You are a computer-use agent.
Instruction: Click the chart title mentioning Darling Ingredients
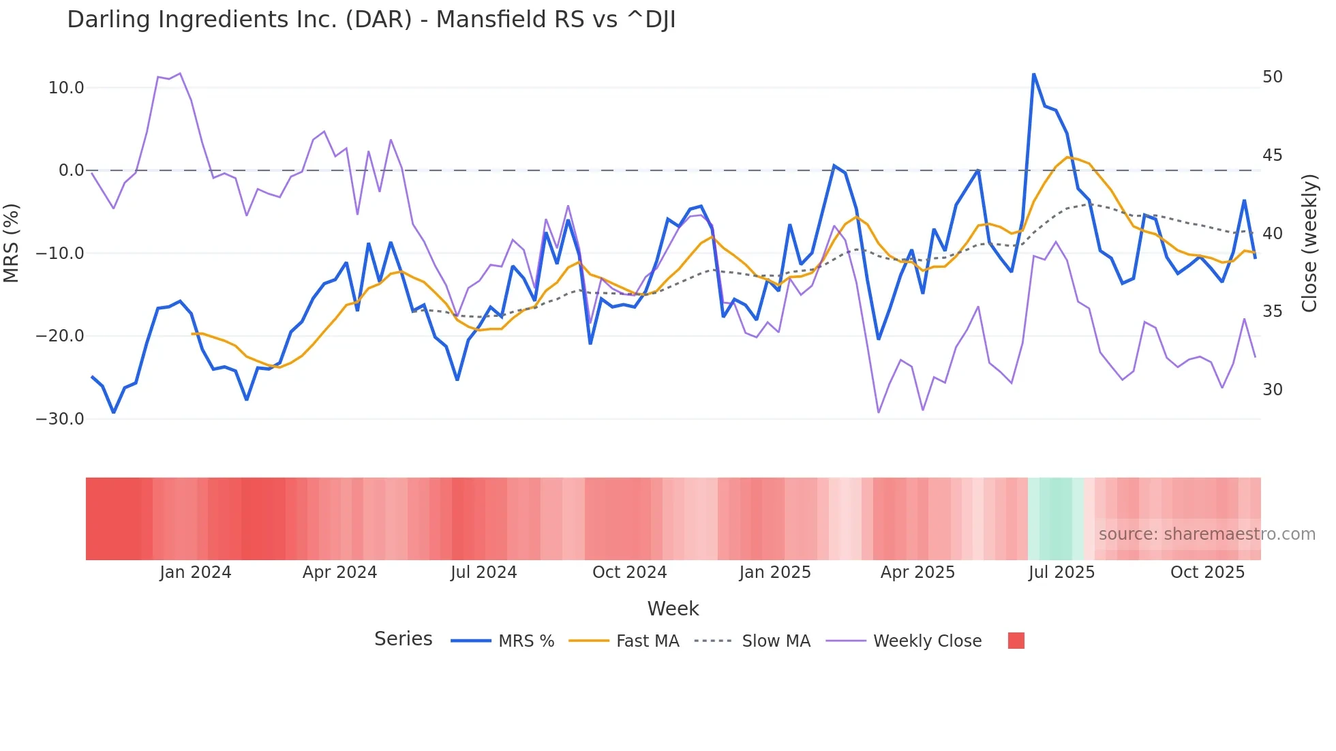point(371,20)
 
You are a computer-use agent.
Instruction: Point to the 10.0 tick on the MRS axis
point(66,88)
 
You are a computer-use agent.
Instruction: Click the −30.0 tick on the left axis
point(61,419)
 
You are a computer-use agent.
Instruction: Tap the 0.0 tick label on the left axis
point(72,170)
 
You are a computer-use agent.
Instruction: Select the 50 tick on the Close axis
point(1272,77)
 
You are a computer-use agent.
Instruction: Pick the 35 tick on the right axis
point(1272,311)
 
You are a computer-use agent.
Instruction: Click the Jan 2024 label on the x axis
point(196,572)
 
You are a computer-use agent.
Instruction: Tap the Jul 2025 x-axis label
point(1061,572)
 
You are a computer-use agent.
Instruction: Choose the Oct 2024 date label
point(629,572)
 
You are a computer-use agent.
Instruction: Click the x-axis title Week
point(673,609)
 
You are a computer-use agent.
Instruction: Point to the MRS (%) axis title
point(12,243)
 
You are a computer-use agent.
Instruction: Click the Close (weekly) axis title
point(1309,243)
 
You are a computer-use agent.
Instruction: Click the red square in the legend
point(1016,641)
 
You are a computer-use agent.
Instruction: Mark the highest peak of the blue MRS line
point(1033,74)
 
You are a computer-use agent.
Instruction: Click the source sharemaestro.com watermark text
point(1206,534)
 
